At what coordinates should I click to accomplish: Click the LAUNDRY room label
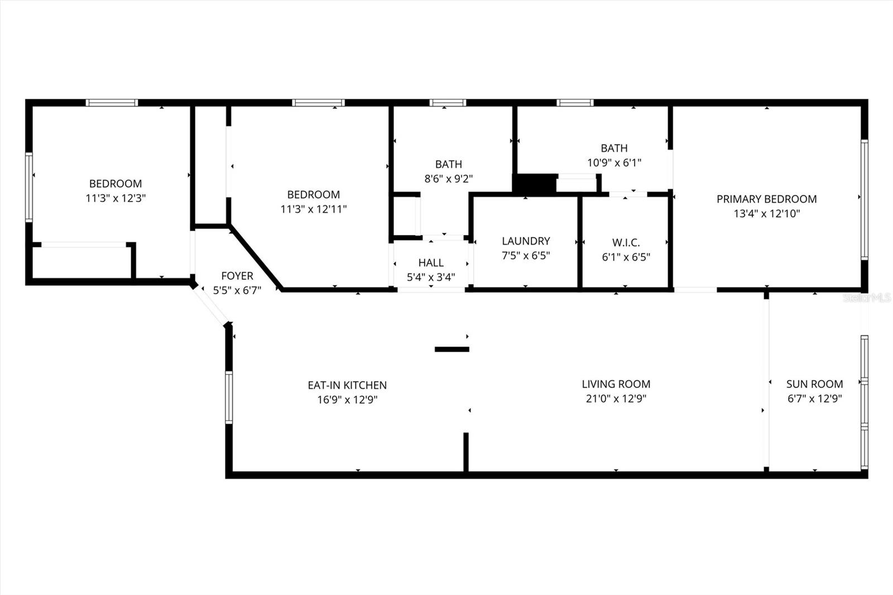pyautogui.click(x=526, y=241)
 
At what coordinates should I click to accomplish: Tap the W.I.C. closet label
pyautogui.click(x=626, y=243)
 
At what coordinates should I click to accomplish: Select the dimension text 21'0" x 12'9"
pyautogui.click(x=616, y=399)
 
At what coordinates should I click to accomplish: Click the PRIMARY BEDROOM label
pyautogui.click(x=766, y=199)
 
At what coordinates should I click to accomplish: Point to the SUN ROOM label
pyautogui.click(x=814, y=384)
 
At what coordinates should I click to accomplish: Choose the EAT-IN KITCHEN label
pyautogui.click(x=347, y=385)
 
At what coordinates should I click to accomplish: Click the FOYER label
pyautogui.click(x=237, y=276)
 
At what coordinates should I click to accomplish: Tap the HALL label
pyautogui.click(x=431, y=263)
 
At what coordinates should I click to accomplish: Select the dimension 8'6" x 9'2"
pyautogui.click(x=448, y=179)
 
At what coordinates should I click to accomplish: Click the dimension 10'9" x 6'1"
pyautogui.click(x=614, y=162)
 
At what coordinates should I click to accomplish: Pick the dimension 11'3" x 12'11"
pyautogui.click(x=313, y=209)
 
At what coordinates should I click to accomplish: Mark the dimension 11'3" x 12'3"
pyautogui.click(x=116, y=198)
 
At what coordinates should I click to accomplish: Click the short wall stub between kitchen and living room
pyautogui.click(x=452, y=349)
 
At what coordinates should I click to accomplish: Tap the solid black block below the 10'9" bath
pyautogui.click(x=534, y=184)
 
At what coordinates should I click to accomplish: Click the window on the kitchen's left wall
pyautogui.click(x=229, y=397)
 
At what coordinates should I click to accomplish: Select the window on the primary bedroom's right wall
pyautogui.click(x=864, y=200)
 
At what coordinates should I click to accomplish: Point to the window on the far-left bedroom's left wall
pyautogui.click(x=29, y=187)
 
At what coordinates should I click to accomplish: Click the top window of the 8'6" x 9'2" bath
pyautogui.click(x=448, y=103)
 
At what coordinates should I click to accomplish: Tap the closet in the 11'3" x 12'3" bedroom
pyautogui.click(x=84, y=261)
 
